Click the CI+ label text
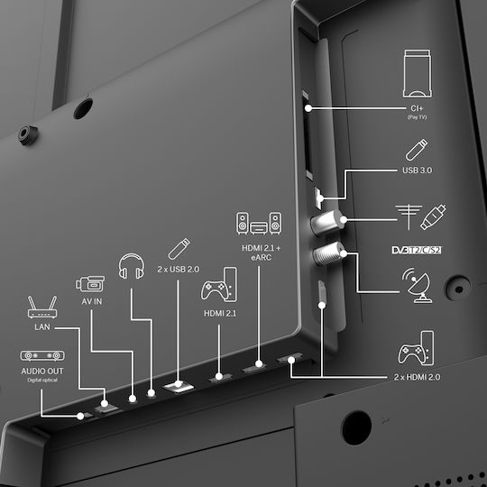point(417,108)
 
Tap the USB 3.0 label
point(417,170)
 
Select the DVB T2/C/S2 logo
point(416,250)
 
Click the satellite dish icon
point(417,285)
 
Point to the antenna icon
point(409,216)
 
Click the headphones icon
point(132,266)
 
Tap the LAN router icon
point(42,307)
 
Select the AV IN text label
point(92,301)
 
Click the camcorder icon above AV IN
point(90,283)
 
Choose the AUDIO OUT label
point(42,371)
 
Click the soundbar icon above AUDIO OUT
point(42,355)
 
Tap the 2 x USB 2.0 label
point(179,269)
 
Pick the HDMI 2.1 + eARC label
point(261,253)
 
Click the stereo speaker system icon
point(259,223)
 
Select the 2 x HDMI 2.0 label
point(417,377)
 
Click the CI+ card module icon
point(417,73)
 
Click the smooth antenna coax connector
point(327,223)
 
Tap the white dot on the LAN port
point(105,403)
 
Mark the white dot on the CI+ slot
point(308,108)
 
